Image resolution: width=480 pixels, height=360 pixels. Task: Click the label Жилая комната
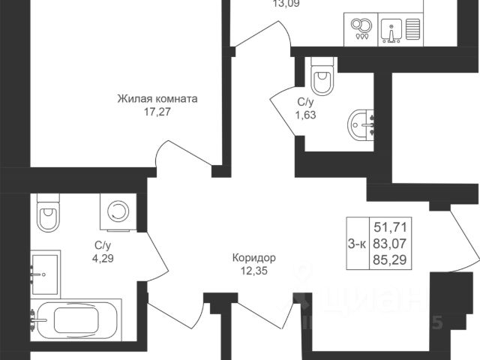[x=157, y=98]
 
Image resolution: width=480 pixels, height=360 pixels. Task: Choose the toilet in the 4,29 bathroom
[x=47, y=214]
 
